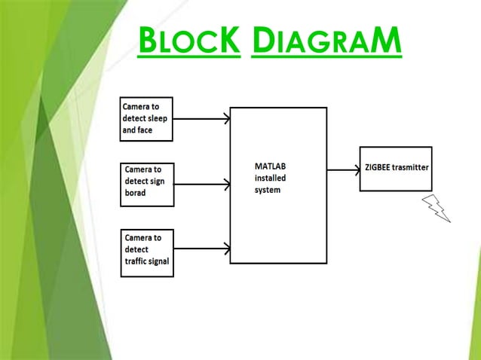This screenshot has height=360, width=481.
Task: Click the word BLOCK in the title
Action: [188, 41]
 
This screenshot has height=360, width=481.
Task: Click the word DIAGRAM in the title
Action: [326, 41]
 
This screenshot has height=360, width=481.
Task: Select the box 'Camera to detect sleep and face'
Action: [147, 119]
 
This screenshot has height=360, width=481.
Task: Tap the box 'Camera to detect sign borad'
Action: [148, 184]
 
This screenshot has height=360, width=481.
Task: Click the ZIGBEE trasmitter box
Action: [396, 169]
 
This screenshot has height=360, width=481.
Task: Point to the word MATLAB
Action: [269, 166]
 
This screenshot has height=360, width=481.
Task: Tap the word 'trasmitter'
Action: [412, 166]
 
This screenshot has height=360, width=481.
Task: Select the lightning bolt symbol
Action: [437, 208]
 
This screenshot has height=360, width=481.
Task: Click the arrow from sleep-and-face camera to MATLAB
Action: [201, 119]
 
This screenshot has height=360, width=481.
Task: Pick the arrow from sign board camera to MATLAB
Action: [201, 183]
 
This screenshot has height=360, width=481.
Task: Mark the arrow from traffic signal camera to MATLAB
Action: [201, 247]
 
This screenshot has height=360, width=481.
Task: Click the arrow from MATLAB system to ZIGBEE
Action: [343, 169]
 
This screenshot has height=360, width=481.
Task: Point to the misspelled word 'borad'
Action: [137, 193]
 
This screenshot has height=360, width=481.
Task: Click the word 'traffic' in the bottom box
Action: [137, 261]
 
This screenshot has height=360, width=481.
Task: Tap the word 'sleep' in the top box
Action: [159, 118]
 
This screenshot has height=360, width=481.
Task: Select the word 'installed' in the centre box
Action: [270, 178]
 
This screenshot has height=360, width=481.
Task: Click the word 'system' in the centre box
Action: [268, 190]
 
